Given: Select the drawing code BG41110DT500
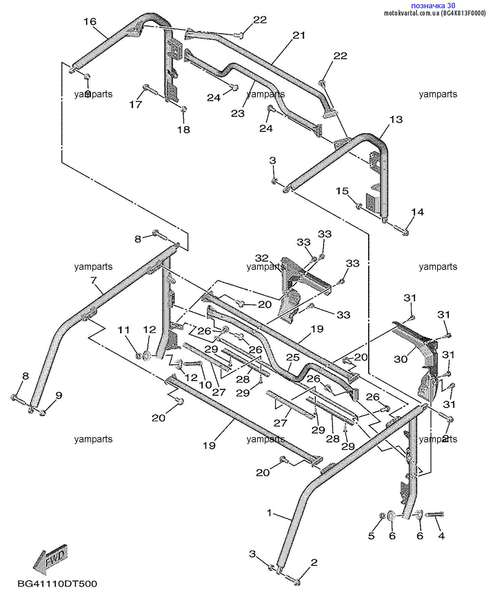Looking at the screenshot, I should (x=57, y=583).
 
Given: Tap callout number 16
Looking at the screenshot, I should (x=90, y=22).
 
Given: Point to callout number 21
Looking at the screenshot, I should (x=299, y=35).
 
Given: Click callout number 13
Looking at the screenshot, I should (x=396, y=119).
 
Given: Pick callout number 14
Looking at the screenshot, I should (x=417, y=212).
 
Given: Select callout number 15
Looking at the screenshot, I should (x=342, y=191).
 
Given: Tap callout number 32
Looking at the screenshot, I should (x=262, y=258).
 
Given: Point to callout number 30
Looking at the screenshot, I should (x=401, y=359).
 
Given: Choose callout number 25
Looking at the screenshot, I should (x=293, y=358).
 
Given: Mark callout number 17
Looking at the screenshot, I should (x=135, y=104).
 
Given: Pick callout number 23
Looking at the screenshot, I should (x=238, y=113).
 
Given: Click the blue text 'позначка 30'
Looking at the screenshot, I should (x=433, y=6).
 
